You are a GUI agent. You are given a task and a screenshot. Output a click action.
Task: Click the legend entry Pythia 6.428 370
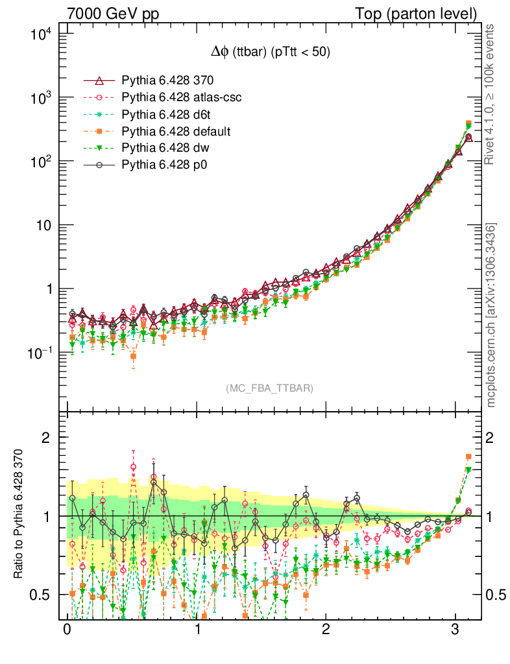tap(167, 80)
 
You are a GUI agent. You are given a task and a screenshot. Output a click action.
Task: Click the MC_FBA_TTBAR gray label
tap(269, 388)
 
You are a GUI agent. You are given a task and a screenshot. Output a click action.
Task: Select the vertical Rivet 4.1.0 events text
tap(491, 95)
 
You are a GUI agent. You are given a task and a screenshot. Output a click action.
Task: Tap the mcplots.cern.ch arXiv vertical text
tap(491, 314)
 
